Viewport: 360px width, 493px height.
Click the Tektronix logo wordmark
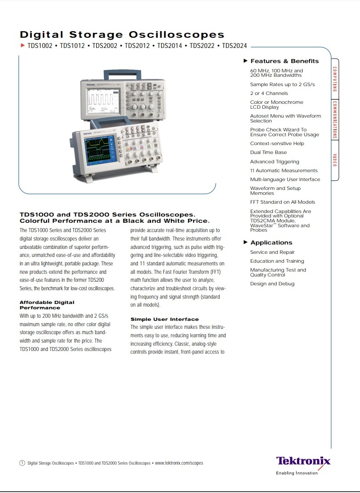point(303,460)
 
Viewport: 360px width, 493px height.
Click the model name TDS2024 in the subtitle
point(234,46)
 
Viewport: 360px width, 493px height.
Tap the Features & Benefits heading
point(285,61)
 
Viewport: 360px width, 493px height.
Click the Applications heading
point(271,242)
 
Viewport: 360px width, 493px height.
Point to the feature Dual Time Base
point(268,152)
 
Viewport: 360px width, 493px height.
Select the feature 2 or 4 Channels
point(269,93)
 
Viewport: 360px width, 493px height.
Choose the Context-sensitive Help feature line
point(277,143)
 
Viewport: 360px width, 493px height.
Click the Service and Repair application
point(272,252)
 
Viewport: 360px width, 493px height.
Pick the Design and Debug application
point(272,284)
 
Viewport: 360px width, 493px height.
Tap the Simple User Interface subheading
point(164,319)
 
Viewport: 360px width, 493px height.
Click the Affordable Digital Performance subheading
point(47,305)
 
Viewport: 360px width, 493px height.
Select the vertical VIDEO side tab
point(335,160)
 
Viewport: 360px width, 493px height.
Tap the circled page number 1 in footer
point(22,463)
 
